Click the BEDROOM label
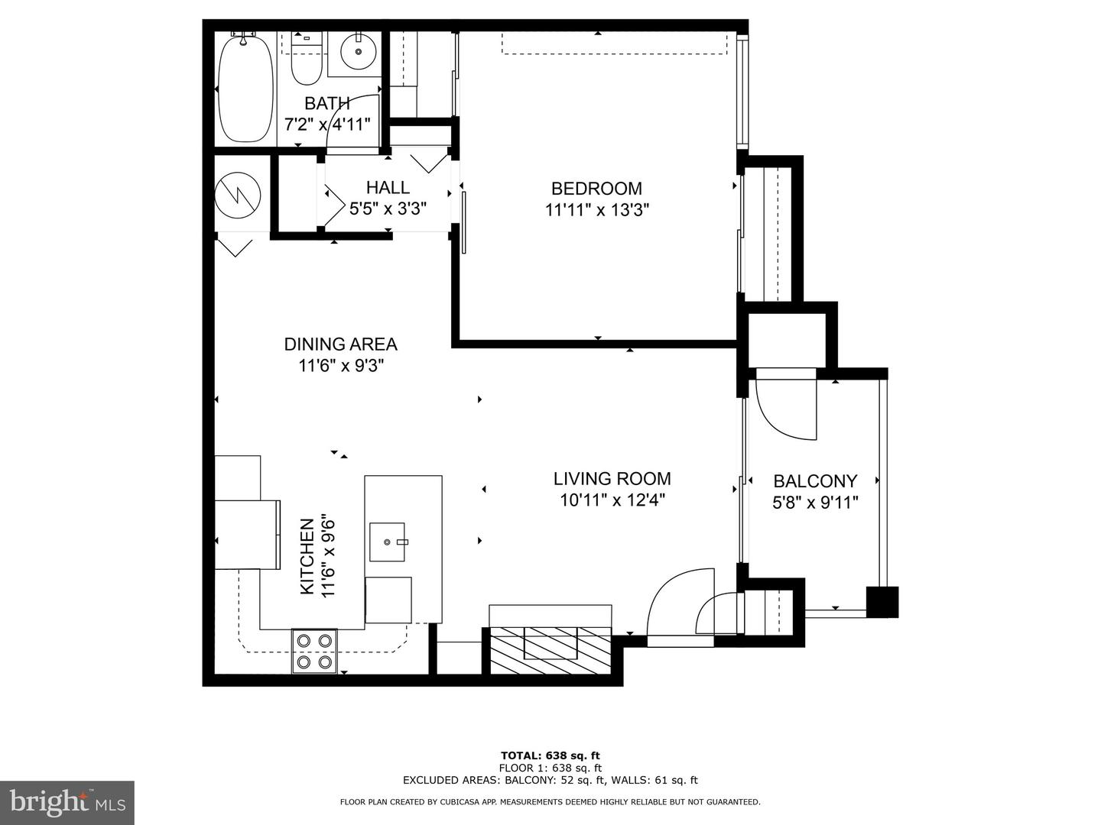click(x=596, y=188)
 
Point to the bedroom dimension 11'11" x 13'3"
click(x=596, y=210)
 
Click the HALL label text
click(x=388, y=187)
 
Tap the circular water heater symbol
click(x=238, y=193)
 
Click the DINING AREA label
click(x=340, y=345)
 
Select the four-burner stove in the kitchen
click(x=314, y=651)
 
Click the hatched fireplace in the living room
click(x=550, y=649)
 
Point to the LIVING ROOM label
click(x=612, y=479)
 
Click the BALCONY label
click(x=815, y=481)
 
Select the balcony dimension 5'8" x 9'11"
click(x=815, y=503)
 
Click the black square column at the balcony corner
click(x=882, y=602)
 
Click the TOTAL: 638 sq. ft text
click(x=550, y=755)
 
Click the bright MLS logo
click(x=67, y=802)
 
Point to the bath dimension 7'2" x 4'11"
click(x=327, y=125)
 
